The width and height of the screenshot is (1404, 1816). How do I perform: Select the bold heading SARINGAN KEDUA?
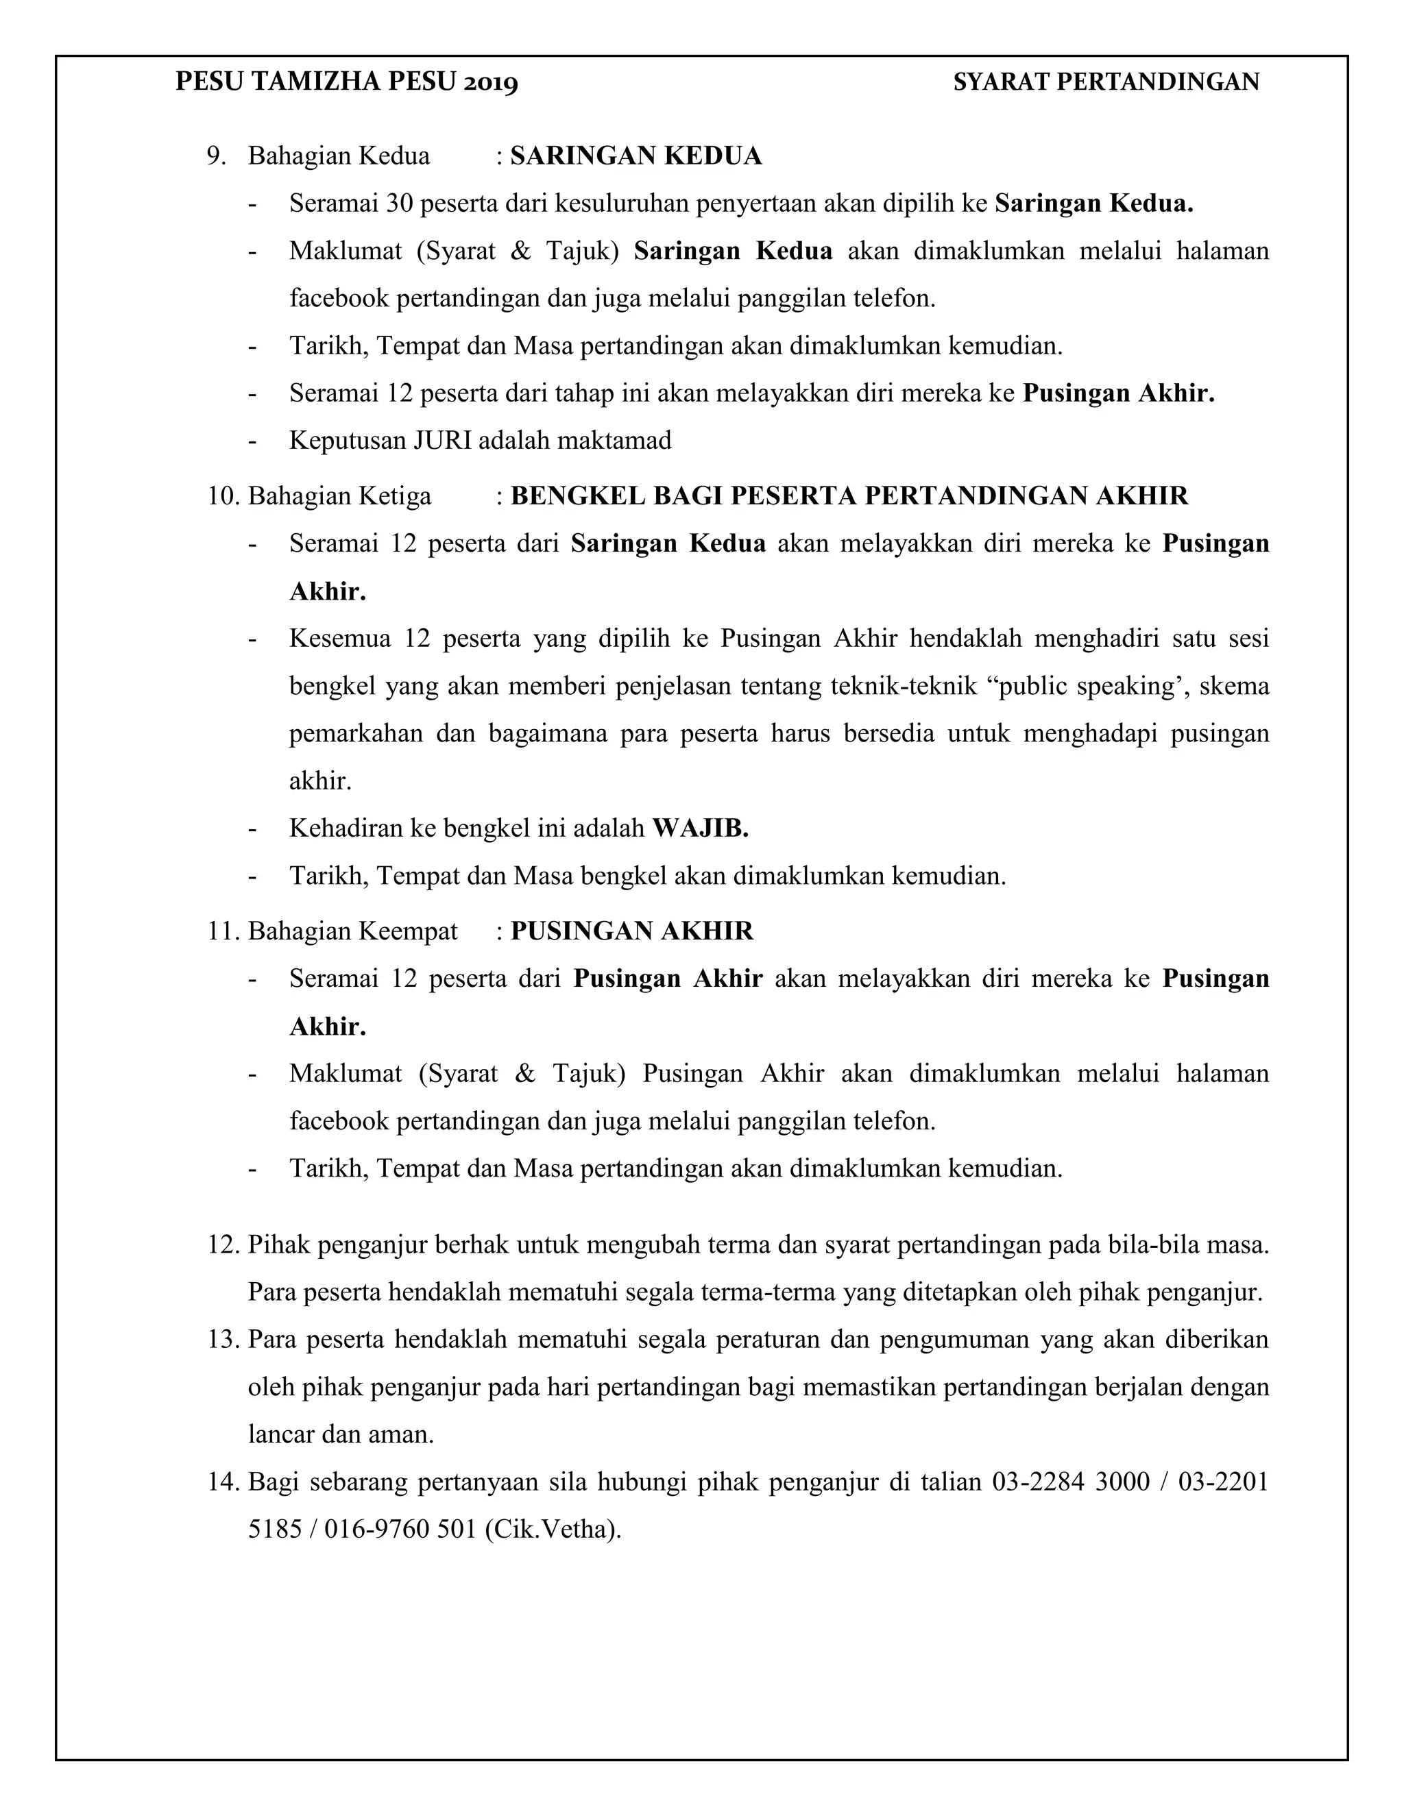(x=636, y=156)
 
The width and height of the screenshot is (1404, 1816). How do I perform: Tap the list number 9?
(x=216, y=156)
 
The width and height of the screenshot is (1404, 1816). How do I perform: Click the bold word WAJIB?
(x=699, y=829)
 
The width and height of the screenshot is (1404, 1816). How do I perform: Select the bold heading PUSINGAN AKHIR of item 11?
(x=631, y=931)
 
